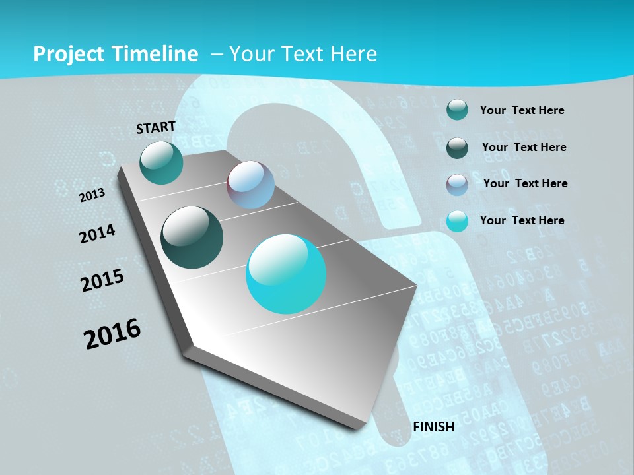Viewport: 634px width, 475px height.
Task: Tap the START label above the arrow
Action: tap(156, 127)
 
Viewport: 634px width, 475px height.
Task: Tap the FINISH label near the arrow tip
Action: tap(433, 427)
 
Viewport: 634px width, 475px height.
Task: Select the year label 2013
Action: tap(92, 195)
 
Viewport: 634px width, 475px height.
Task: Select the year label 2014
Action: tap(98, 234)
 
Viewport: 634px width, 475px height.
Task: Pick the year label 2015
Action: tap(102, 280)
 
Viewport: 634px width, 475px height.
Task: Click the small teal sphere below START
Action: tap(162, 163)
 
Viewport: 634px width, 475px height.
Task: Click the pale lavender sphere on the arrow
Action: tap(251, 185)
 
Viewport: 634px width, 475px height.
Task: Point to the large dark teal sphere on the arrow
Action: tap(192, 237)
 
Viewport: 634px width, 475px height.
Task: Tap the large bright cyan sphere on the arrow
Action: tap(286, 274)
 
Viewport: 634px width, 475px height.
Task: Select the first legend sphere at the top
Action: tap(457, 110)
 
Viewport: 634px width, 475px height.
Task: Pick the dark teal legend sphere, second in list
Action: tap(457, 148)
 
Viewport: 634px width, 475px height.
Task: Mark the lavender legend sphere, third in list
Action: tap(457, 185)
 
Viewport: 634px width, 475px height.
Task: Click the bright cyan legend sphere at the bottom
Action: tap(457, 221)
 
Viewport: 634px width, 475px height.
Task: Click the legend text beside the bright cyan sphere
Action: tap(522, 220)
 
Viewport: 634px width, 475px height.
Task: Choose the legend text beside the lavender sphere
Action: tap(525, 183)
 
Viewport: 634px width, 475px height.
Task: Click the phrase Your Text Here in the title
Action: tap(303, 54)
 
